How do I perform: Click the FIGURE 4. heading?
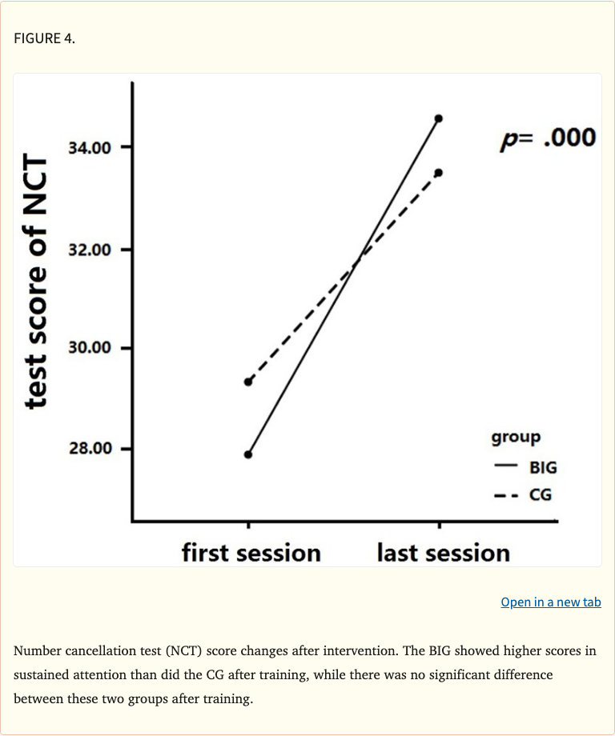coord(45,38)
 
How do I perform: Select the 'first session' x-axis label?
coord(251,553)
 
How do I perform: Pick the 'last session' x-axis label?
coord(443,553)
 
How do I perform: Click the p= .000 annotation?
coord(548,138)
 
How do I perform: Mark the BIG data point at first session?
coord(248,454)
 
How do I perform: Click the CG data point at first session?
coord(248,382)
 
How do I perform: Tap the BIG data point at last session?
coord(438,118)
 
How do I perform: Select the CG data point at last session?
coord(438,172)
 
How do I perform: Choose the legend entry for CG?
coord(524,495)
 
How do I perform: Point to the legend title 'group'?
coord(516,438)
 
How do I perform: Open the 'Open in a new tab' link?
coord(550,602)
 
